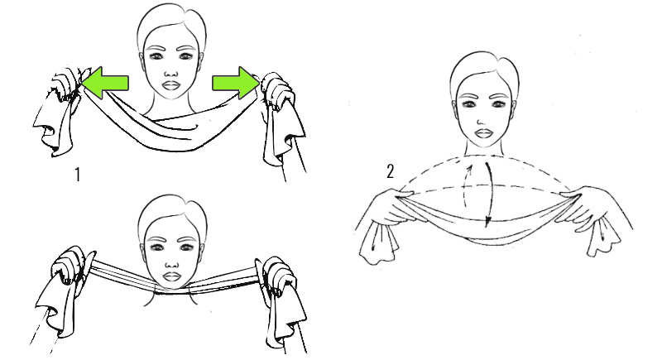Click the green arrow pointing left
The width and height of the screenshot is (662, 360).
pyautogui.click(x=105, y=83)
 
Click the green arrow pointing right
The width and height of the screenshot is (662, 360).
pyautogui.click(x=236, y=83)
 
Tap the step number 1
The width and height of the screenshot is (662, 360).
pyautogui.click(x=77, y=175)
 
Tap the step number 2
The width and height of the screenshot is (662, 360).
pyautogui.click(x=390, y=171)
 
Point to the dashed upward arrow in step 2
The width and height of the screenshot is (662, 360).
pyautogui.click(x=466, y=185)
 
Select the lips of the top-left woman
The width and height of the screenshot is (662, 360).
pyautogui.click(x=171, y=85)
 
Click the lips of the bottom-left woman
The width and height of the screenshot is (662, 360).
pyautogui.click(x=171, y=277)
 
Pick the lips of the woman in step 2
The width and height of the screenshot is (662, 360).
pyautogui.click(x=483, y=134)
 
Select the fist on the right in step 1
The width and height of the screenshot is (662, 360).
pyautogui.click(x=277, y=93)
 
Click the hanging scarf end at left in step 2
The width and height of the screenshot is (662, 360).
pyautogui.click(x=379, y=242)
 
